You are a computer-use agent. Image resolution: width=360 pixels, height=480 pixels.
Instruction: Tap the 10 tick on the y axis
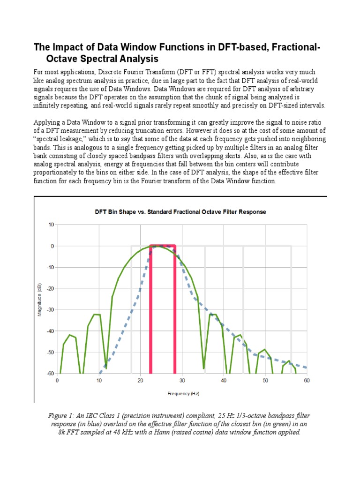(51, 225)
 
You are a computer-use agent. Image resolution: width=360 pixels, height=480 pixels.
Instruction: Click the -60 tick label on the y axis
(50, 374)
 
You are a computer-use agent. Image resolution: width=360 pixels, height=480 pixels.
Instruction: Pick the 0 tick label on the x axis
(57, 381)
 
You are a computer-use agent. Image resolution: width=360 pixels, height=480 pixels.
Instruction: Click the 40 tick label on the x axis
(224, 381)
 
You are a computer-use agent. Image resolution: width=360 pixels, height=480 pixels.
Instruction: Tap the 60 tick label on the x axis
(307, 381)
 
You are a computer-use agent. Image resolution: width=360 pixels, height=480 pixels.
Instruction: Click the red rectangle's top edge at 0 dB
(163, 245)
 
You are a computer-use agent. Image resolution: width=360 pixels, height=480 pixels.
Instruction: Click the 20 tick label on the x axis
(140, 381)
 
